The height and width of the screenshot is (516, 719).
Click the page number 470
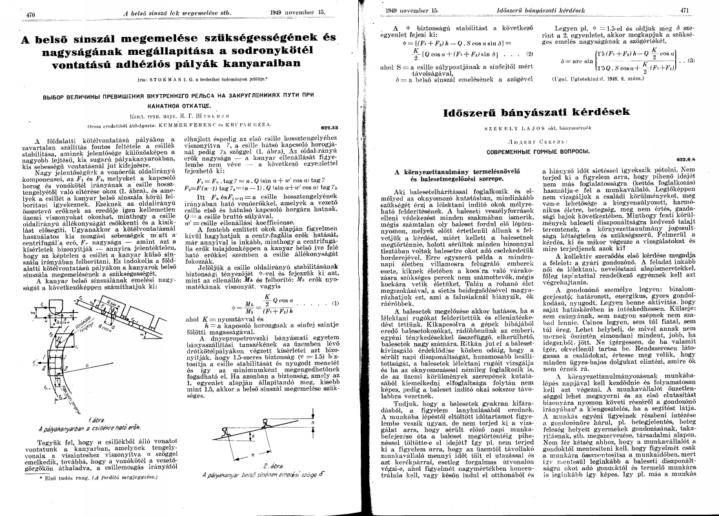tap(29, 13)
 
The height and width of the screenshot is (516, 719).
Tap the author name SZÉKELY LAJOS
tap(509, 130)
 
